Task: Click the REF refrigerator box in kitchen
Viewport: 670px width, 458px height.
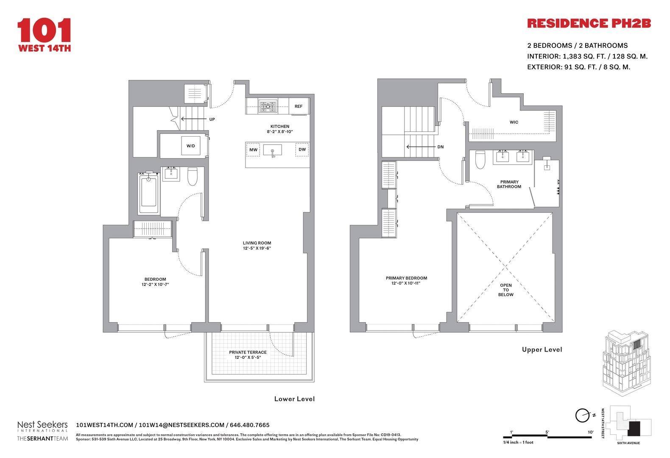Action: (x=299, y=106)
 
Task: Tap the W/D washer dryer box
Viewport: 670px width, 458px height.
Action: (x=191, y=146)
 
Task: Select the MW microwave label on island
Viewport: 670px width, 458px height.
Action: (x=253, y=150)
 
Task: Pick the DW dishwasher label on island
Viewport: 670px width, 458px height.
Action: (x=302, y=150)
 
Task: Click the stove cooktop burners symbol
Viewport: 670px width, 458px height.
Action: (x=268, y=106)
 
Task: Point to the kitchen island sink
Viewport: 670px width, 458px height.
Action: (x=272, y=150)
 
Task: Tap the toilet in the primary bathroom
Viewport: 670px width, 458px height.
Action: (x=480, y=159)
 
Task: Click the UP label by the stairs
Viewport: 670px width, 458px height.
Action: (x=212, y=119)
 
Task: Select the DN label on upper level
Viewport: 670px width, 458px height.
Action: (x=441, y=147)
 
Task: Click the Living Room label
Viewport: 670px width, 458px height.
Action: (x=257, y=243)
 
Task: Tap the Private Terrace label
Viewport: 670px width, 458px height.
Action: (x=248, y=352)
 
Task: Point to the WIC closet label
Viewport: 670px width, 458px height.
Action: (x=514, y=122)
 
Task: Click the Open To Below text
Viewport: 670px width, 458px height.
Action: (x=506, y=290)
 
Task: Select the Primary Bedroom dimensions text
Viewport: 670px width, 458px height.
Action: (x=406, y=283)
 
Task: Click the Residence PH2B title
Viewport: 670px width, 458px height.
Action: (x=589, y=23)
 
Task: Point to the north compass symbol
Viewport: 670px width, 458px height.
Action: (x=583, y=415)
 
